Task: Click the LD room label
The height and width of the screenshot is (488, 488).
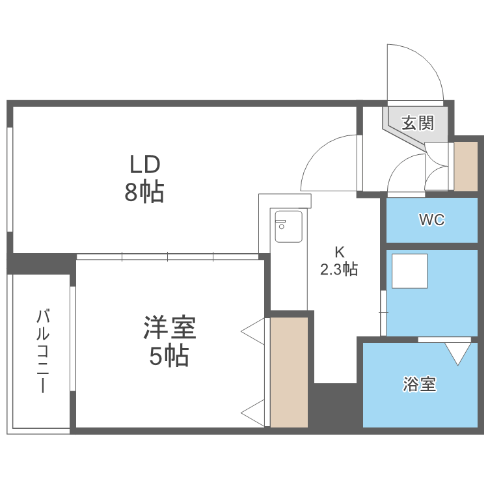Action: [x=144, y=165]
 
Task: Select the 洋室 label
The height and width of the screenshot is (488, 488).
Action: [x=170, y=327]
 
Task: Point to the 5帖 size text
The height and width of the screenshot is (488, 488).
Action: [x=169, y=356]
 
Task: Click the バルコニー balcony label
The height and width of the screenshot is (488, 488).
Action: [x=43, y=351]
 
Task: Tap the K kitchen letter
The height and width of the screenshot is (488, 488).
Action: [x=339, y=252]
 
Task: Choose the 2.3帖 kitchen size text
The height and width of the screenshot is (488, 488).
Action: [x=339, y=269]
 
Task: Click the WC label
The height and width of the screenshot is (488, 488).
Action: [x=432, y=220]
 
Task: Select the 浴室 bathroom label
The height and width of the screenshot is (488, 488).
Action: [x=420, y=384]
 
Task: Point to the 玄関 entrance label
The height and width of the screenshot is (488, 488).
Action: [x=418, y=123]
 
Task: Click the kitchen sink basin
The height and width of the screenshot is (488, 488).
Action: [x=288, y=226]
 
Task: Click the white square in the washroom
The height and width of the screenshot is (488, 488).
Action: [x=409, y=271]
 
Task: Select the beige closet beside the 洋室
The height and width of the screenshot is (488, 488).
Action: [x=289, y=372]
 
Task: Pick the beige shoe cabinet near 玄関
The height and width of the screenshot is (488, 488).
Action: [x=466, y=167]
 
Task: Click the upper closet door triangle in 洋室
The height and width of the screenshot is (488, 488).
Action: [x=252, y=331]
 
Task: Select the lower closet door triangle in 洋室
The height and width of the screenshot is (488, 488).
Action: [x=252, y=413]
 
